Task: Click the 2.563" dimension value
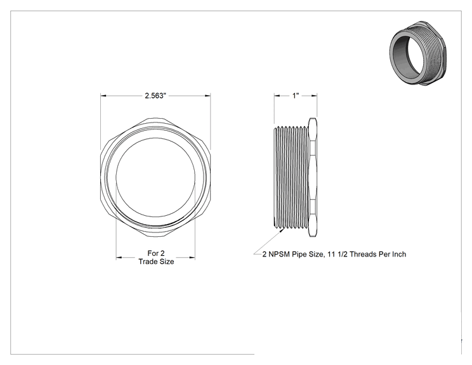click(155, 96)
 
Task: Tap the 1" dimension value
click(296, 96)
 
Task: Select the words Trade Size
click(156, 262)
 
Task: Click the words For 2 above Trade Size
click(156, 253)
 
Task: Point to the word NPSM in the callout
click(279, 254)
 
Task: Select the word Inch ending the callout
click(399, 254)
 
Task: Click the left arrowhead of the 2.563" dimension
click(103, 96)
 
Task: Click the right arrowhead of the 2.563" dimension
click(207, 96)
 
